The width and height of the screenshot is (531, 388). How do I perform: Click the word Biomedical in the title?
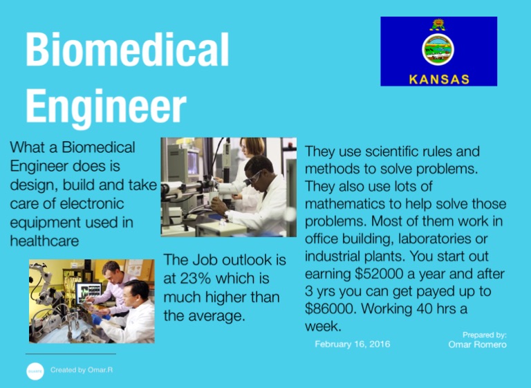[x=127, y=50]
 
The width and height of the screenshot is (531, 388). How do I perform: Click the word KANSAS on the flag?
[x=439, y=78]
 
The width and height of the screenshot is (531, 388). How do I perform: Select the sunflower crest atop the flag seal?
[x=438, y=25]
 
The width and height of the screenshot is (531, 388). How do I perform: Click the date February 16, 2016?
[x=351, y=344]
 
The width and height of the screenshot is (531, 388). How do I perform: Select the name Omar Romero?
[x=477, y=344]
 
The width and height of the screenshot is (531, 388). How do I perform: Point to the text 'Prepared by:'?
[x=485, y=334]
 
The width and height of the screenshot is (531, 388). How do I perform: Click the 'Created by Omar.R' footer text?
[x=82, y=370]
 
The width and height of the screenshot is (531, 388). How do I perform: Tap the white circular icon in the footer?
[x=35, y=371]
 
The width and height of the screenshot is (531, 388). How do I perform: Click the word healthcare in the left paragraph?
[x=44, y=241]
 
